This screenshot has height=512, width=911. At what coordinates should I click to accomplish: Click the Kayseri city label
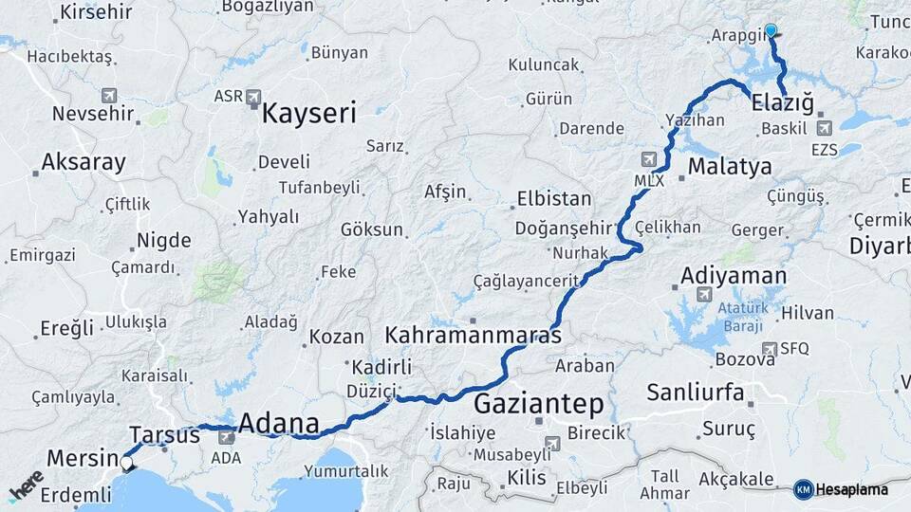pos(308,115)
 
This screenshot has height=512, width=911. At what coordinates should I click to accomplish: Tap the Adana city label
pos(278,423)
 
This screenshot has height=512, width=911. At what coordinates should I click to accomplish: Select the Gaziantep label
pos(538,404)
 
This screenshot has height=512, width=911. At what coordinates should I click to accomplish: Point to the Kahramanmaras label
pos(473,336)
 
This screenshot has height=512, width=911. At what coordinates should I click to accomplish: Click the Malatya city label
pos(730,167)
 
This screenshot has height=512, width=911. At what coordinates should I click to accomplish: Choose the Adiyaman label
pos(734,276)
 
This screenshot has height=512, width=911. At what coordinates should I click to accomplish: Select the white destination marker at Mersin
pos(127,464)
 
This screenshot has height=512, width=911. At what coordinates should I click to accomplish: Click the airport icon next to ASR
pos(252,97)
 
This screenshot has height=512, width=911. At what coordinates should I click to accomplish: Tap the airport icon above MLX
pos(649,159)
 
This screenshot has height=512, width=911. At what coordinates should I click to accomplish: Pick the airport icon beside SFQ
pos(769,349)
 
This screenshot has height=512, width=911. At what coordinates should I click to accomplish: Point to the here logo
pos(27,485)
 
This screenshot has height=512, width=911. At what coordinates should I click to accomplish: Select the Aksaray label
pos(84,162)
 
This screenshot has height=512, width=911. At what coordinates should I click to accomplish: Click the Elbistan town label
pos(553,200)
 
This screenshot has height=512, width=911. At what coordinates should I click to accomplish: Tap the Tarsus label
pos(164,435)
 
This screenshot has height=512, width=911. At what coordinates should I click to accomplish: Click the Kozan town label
pos(337,337)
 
